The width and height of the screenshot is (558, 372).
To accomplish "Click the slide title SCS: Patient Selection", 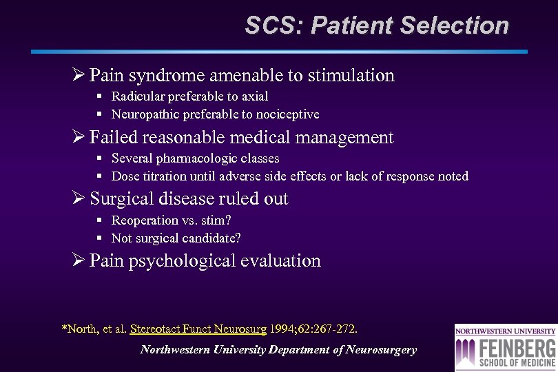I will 377,26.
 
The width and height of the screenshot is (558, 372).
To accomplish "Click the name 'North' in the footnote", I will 82,329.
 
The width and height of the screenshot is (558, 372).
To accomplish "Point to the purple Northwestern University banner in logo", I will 506,330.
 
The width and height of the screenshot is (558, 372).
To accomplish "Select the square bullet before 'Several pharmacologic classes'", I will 99,159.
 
